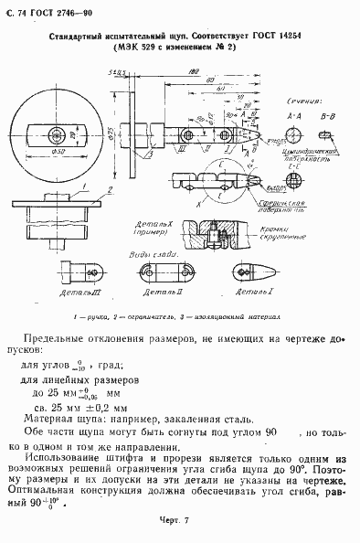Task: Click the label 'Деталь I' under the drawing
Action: click(x=247, y=294)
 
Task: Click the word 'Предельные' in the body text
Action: click(x=59, y=338)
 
